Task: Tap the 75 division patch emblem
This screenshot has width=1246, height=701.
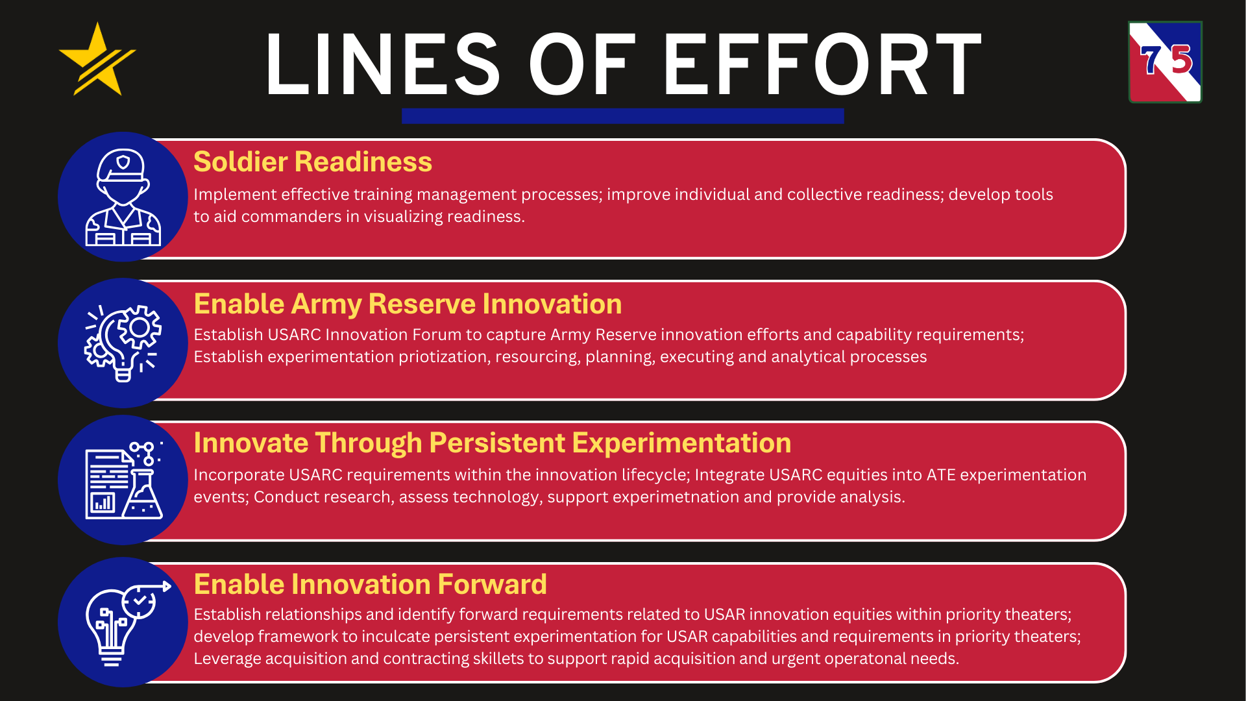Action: tap(1166, 62)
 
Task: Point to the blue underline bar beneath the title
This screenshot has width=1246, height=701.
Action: tap(623, 116)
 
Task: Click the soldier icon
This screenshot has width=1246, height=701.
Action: tap(123, 197)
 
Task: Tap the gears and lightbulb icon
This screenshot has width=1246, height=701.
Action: tap(123, 343)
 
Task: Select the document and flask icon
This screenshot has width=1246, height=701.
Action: tap(124, 480)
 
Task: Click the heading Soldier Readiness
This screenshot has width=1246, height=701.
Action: tap(313, 162)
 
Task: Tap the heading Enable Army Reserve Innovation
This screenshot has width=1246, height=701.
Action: tap(408, 304)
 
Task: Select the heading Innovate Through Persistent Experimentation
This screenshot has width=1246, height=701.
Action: tap(493, 443)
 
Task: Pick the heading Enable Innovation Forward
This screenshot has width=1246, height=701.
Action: tap(370, 584)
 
